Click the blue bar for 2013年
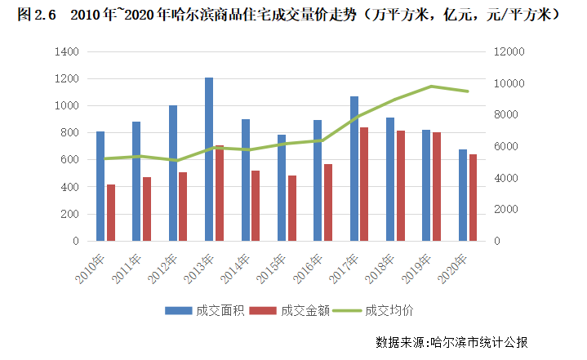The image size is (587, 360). coord(209,159)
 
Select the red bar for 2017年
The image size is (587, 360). coord(363,184)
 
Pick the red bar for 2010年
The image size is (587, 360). coord(110,213)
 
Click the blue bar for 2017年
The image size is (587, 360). coord(354,169)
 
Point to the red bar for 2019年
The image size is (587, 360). coord(436,187)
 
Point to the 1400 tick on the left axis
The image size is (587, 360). coord(66,51)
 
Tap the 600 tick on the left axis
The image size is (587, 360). coord(69,160)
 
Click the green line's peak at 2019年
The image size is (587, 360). coord(431,87)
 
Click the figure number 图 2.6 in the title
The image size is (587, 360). coord(34,16)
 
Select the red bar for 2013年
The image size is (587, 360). coord(219,193)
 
